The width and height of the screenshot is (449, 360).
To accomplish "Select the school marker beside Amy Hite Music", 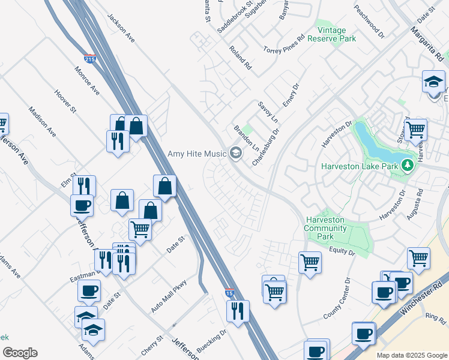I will [235, 154].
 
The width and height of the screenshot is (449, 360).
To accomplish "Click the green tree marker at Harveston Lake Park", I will [408, 164].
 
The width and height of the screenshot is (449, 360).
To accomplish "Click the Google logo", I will [20, 353].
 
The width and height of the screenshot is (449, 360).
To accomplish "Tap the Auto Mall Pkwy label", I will [169, 296].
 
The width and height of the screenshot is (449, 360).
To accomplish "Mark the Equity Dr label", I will [343, 251].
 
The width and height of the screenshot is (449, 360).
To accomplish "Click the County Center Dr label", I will [336, 299].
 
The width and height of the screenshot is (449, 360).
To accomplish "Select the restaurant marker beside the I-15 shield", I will [238, 311].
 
